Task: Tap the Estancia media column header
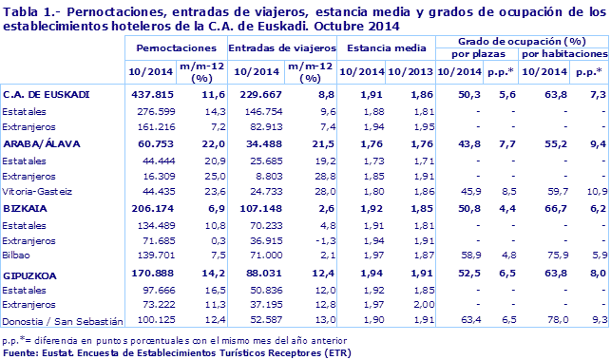click(384, 47)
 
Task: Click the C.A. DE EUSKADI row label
click(47, 95)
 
